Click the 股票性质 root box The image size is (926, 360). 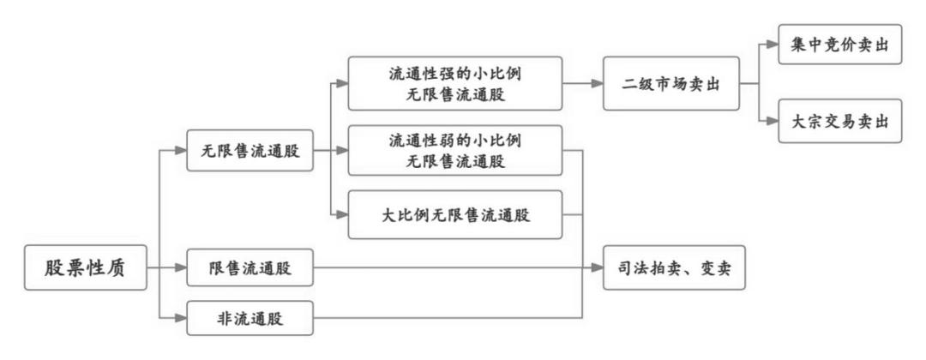pyautogui.click(x=83, y=268)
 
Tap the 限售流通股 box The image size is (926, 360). pyautogui.click(x=250, y=268)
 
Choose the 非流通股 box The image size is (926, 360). pyautogui.click(x=250, y=321)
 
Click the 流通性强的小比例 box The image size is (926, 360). pyautogui.click(x=454, y=84)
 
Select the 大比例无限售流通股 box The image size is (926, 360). pyautogui.click(x=454, y=215)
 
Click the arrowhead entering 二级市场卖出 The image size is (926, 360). pyautogui.click(x=597, y=84)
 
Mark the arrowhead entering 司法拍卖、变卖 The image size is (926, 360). pyautogui.click(x=598, y=268)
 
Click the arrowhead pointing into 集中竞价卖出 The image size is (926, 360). pyautogui.click(x=771, y=48)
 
